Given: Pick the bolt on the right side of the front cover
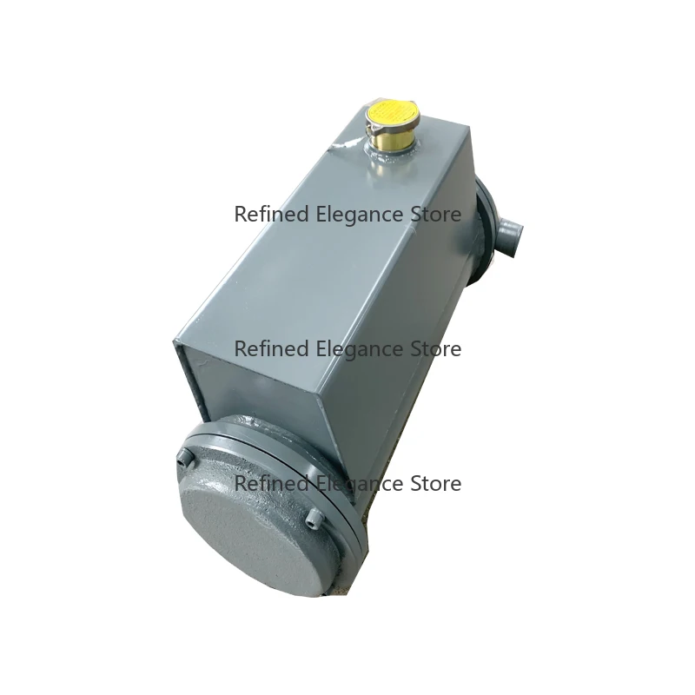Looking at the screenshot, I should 315,519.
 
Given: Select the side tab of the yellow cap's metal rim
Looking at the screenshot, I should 369,130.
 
